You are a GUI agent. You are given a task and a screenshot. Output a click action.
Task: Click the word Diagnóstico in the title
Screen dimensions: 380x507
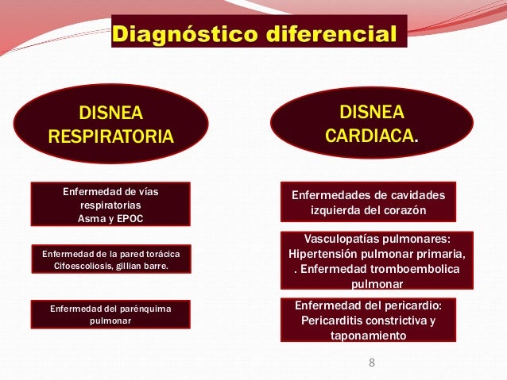179,34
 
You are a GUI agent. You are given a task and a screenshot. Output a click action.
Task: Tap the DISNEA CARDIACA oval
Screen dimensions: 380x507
371,122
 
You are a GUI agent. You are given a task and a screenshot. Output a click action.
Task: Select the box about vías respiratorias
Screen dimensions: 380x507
110,204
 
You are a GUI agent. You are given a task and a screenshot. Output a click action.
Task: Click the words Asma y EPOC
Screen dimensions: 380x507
110,218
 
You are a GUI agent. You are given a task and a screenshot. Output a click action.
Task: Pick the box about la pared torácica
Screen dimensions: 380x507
110,259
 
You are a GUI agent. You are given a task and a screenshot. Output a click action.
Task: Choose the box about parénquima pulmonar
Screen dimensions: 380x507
110,314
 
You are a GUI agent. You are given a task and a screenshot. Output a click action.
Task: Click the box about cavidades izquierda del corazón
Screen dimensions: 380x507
369,202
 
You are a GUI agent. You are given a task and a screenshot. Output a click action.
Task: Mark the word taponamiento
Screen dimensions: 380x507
369,336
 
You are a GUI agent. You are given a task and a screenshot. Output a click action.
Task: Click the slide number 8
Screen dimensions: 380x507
370,363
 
